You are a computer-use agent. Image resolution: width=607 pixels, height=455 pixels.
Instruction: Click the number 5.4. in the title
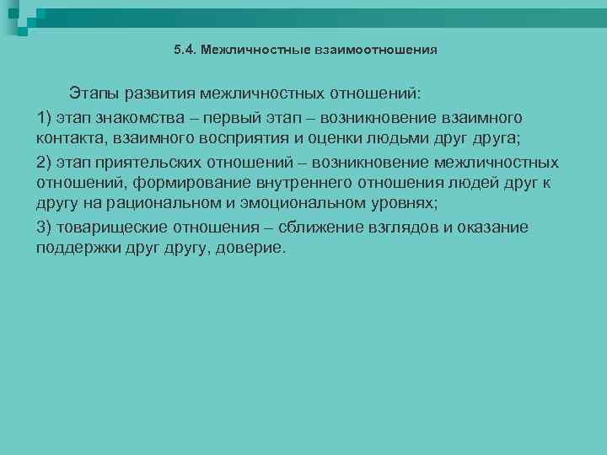pos(184,50)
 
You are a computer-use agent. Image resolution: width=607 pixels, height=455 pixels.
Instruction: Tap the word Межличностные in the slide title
pos(244,50)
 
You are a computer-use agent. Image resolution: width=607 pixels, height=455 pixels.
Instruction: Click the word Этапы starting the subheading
pos(96,91)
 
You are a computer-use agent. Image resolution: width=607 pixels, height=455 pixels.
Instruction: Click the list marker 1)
pos(46,116)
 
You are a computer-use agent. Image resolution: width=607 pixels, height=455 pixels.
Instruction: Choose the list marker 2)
pos(46,162)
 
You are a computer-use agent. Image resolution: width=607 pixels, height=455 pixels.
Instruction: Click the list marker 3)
pos(46,227)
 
